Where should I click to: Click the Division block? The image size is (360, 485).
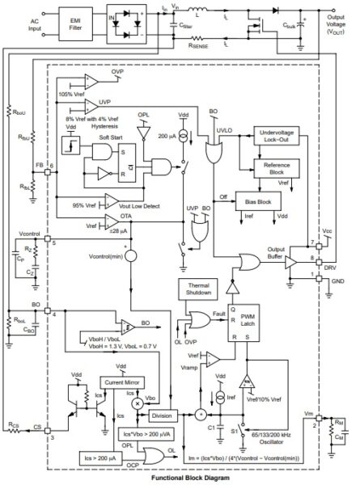click(162, 415)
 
